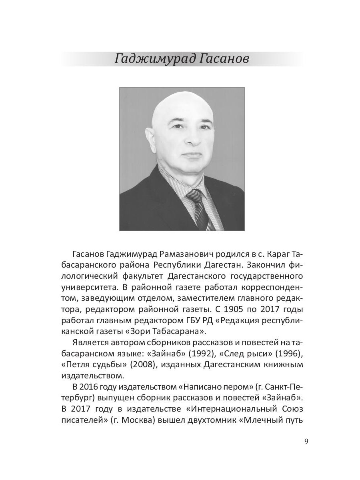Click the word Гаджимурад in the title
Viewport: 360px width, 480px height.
pyautogui.click(x=149, y=59)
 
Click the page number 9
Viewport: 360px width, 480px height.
pyautogui.click(x=306, y=442)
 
